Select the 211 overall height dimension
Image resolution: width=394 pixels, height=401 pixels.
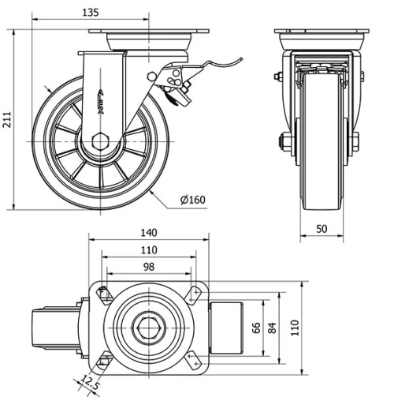pos(8,119)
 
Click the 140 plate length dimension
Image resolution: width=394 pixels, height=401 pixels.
pos(148,232)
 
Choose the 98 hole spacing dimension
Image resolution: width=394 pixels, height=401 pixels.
pos(148,267)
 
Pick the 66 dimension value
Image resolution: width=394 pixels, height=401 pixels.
pos(255,327)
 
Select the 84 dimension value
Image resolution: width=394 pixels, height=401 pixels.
pos(272,327)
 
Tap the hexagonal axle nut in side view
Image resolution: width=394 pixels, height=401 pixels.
pos(100,143)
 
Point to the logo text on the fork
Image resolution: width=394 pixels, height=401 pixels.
pos(106,92)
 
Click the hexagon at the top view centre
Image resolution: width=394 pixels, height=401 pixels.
pos(148,327)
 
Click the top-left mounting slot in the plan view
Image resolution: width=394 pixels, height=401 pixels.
pos(102,294)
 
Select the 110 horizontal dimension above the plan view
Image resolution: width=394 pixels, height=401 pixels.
pos(148,249)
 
